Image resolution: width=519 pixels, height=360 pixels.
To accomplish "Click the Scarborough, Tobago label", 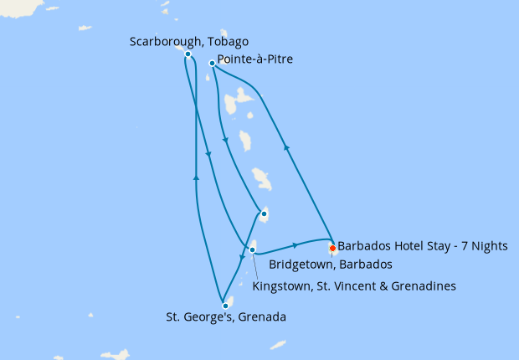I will point(189,41).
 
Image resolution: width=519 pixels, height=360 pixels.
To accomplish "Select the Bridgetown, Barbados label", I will point(331,265).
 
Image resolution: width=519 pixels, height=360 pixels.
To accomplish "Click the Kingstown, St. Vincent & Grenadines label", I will point(354,285).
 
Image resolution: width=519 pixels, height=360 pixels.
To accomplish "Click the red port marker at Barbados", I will point(332,248).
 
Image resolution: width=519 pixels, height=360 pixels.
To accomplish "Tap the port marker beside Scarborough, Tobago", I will point(188,54).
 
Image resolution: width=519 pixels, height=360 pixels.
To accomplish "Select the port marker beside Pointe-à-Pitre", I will point(212,62).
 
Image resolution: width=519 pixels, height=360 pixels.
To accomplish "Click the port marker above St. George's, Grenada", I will point(225,306).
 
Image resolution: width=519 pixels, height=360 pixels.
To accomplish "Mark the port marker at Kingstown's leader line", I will point(252,249).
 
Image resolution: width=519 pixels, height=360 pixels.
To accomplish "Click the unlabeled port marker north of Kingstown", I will point(264,213).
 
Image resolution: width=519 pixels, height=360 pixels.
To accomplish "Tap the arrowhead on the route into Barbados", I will point(295,245).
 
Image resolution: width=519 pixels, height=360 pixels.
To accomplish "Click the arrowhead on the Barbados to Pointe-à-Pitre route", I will point(287,147).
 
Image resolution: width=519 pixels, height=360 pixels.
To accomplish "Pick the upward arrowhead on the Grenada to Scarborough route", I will point(196,177).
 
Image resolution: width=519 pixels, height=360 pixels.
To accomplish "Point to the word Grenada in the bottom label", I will point(263,317).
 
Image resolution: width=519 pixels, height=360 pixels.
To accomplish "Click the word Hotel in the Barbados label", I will point(400,248).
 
